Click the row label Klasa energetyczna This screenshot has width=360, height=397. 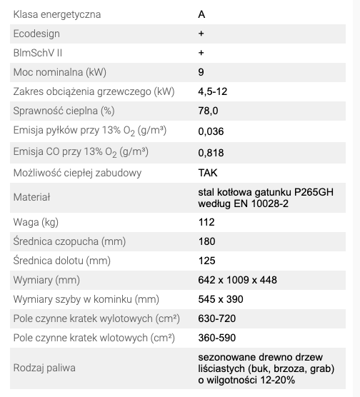tap(57, 14)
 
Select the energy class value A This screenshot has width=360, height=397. tap(201, 14)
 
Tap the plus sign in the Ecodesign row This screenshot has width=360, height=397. tap(201, 34)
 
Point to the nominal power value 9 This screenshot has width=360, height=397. tap(201, 72)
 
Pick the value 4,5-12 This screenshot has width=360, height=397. tap(212, 91)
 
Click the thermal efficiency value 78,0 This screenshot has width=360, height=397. tap(209, 111)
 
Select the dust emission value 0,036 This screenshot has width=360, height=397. tap(211, 131)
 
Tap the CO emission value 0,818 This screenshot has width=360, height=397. tap(211, 151)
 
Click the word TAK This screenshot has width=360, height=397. tap(208, 172)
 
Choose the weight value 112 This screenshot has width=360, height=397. tap(206, 222)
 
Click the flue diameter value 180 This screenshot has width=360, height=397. tap(207, 241)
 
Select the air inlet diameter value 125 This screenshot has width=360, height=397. tap(206, 261)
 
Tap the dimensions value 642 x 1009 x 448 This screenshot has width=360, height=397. tap(238, 280)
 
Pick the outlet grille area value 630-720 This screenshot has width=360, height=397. tap(217, 318)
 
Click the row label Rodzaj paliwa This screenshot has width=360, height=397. tap(44, 368)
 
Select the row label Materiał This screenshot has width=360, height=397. tap(33, 197)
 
